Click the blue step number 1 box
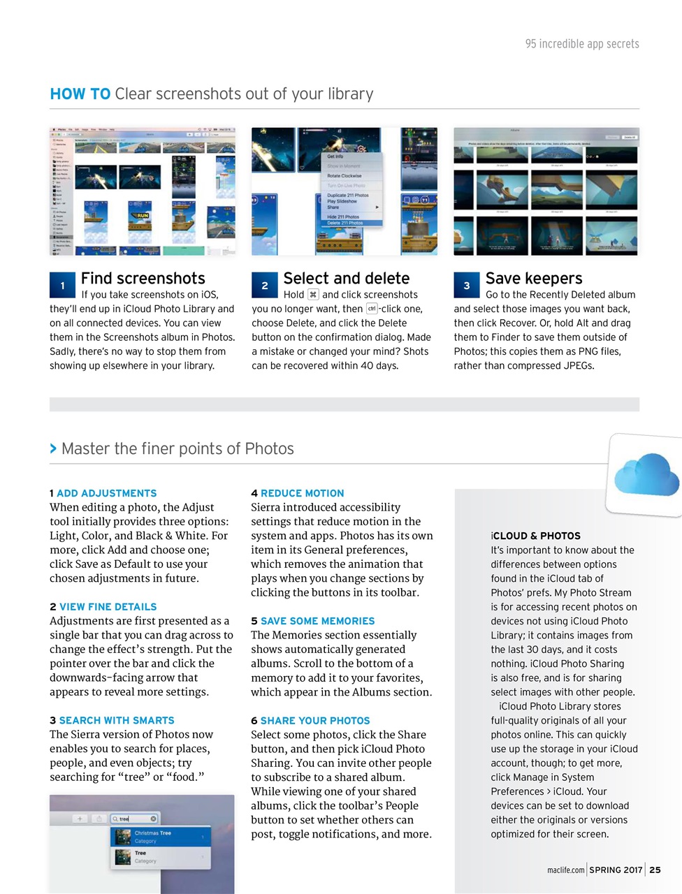pyautogui.click(x=62, y=285)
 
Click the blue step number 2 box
pyautogui.click(x=264, y=285)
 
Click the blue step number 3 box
pyautogui.click(x=466, y=285)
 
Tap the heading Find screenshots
pyautogui.click(x=143, y=278)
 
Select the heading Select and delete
pyautogui.click(x=346, y=278)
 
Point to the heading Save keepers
pyautogui.click(x=534, y=278)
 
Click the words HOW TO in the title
pyautogui.click(x=80, y=94)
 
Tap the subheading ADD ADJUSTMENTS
pyautogui.click(x=106, y=493)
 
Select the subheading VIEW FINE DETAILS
pyautogui.click(x=108, y=607)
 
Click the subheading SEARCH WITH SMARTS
pyautogui.click(x=116, y=720)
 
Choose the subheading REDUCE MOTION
pyautogui.click(x=302, y=493)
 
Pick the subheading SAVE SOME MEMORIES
pyautogui.click(x=317, y=621)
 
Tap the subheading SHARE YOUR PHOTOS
pyautogui.click(x=315, y=720)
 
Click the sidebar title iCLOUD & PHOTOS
pyautogui.click(x=535, y=536)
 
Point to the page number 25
pyautogui.click(x=655, y=870)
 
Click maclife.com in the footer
pyautogui.click(x=565, y=870)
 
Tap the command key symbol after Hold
pyautogui.click(x=313, y=295)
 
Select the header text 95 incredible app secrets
pyautogui.click(x=582, y=43)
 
